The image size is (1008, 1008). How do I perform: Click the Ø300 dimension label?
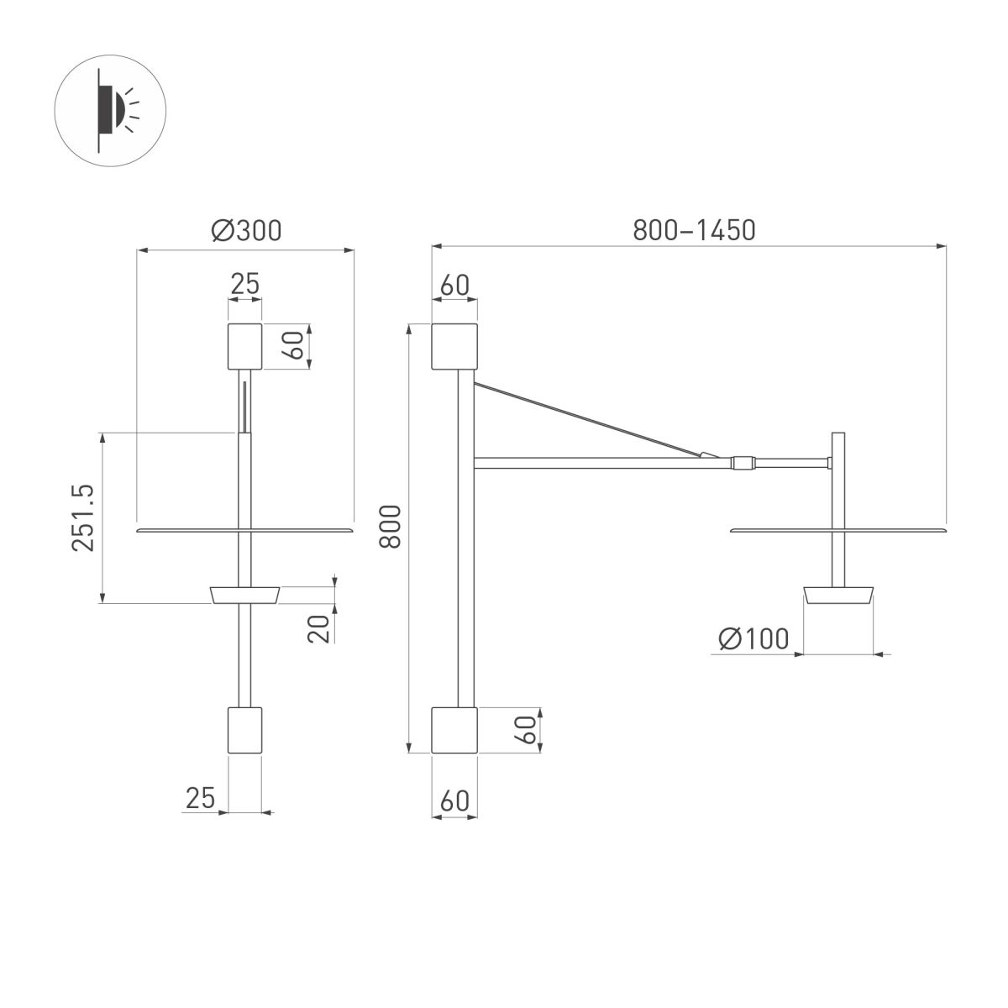tap(245, 230)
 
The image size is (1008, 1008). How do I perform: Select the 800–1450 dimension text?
tap(694, 229)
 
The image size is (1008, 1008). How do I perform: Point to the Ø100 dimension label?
tap(753, 639)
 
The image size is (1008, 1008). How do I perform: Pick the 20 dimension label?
tap(318, 627)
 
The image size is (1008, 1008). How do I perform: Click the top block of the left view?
tap(244, 346)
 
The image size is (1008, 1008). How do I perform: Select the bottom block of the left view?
tap(244, 730)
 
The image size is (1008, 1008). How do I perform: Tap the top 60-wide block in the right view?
tap(454, 346)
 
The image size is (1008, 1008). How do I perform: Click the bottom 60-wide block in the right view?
tap(454, 730)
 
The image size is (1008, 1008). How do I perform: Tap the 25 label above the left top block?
tap(244, 284)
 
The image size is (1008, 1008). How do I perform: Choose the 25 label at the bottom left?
tap(201, 797)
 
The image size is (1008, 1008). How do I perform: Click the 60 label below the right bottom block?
tap(454, 801)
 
